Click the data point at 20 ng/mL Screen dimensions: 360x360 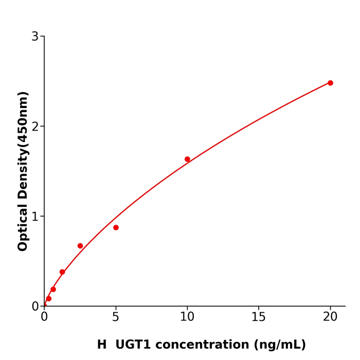pyautogui.click(x=330, y=83)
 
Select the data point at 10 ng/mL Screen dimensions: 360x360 pyautogui.click(x=187, y=159)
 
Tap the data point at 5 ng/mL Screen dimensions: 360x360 pyautogui.click(x=116, y=227)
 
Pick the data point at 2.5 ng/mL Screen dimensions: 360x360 pyautogui.click(x=80, y=246)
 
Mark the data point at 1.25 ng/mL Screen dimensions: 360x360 pyautogui.click(x=62, y=272)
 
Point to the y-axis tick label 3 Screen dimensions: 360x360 pyautogui.click(x=35, y=37)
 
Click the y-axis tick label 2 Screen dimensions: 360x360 pyautogui.click(x=35, y=127)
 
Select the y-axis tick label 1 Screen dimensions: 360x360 pyautogui.click(x=35, y=217)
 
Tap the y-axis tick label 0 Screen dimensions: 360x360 pyautogui.click(x=35, y=307)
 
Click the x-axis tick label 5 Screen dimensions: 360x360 pyautogui.click(x=116, y=317)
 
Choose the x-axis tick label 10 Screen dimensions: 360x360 pyautogui.click(x=187, y=317)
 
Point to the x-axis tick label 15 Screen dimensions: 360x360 pyautogui.click(x=259, y=317)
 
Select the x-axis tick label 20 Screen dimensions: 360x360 pyautogui.click(x=330, y=317)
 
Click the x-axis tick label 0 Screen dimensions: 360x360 pyautogui.click(x=44, y=317)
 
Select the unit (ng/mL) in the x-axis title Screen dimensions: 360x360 pyautogui.click(x=279, y=345)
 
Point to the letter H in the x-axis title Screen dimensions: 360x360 pyautogui.click(x=102, y=345)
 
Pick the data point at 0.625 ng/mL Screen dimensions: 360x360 pyautogui.click(x=53, y=290)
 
